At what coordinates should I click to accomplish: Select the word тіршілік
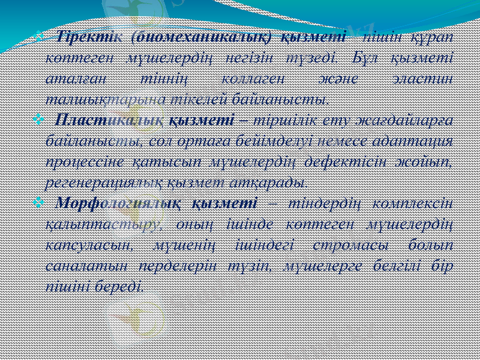(292, 119)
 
